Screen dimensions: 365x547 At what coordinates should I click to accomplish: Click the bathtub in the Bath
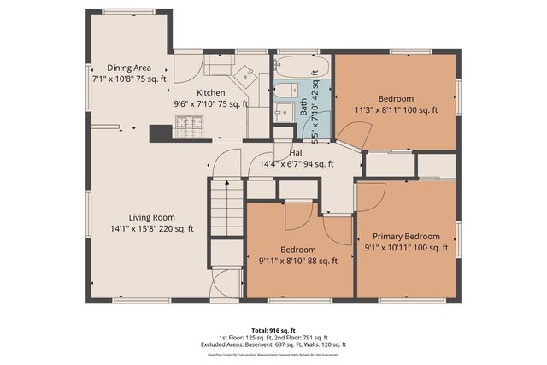[x=296, y=67]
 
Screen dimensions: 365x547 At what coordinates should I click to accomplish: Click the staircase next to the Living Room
[x=226, y=209]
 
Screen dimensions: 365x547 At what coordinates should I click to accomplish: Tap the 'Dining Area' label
[x=129, y=68]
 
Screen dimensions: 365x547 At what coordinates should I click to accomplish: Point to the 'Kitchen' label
[x=211, y=93]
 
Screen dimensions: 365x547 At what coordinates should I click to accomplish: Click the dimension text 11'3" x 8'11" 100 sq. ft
[x=396, y=109]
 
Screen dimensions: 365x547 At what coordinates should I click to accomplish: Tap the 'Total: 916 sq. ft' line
[x=273, y=329]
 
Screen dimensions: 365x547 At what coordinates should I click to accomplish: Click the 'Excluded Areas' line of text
[x=273, y=344]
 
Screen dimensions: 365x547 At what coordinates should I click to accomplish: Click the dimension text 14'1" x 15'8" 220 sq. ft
[x=152, y=228]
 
